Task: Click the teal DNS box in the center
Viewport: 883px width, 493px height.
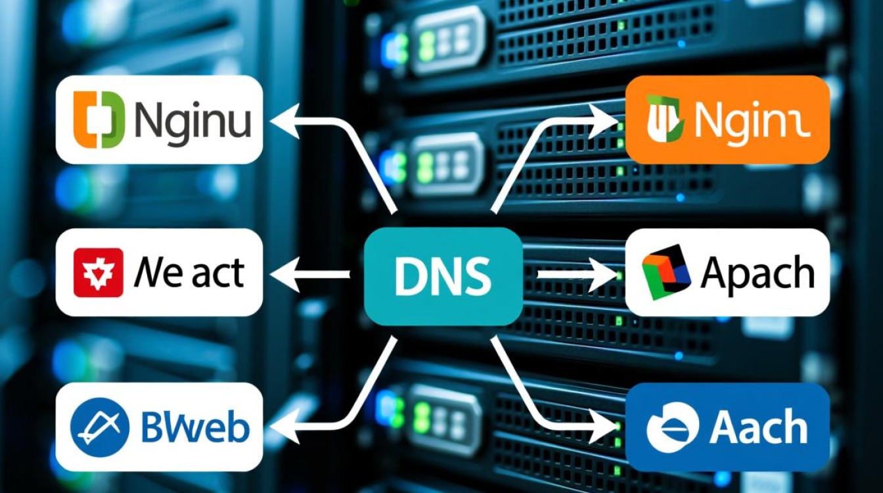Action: pyautogui.click(x=443, y=276)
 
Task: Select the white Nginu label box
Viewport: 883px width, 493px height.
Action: pyautogui.click(x=159, y=119)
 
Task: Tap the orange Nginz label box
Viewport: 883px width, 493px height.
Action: pyautogui.click(x=727, y=119)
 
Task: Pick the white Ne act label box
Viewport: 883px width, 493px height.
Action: pyautogui.click(x=159, y=272)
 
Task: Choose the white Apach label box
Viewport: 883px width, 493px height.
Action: pyautogui.click(x=727, y=272)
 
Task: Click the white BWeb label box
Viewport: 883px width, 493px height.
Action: pyautogui.click(x=159, y=427)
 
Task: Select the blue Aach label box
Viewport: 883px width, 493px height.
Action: pyautogui.click(x=727, y=427)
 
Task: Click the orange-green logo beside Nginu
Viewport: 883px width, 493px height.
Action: pyautogui.click(x=100, y=119)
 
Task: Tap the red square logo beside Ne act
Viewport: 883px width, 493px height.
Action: pyautogui.click(x=98, y=272)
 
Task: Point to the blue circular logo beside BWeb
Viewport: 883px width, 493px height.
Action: pyautogui.click(x=99, y=427)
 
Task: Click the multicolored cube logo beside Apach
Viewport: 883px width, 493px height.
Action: pyautogui.click(x=666, y=272)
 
